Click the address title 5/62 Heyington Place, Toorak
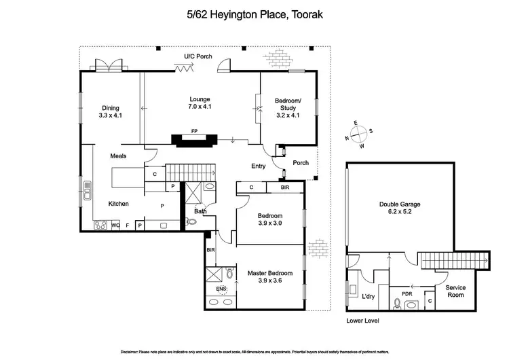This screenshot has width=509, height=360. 254,13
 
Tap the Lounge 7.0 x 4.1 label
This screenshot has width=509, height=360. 200,103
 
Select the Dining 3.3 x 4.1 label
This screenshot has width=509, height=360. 111,111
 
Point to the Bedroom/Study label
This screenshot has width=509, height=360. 288,108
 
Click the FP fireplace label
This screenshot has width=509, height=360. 194,131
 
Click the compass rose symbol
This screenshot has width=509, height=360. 360,134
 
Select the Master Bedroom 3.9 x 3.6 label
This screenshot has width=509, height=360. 265,276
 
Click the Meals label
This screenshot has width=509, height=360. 119,156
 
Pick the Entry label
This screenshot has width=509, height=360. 259,165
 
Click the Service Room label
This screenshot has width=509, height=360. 459,291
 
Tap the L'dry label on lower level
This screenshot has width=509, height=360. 369,296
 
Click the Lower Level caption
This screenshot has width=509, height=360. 362,320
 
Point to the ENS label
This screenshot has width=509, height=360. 221,289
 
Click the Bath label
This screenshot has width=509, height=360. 200,211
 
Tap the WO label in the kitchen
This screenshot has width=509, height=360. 116,225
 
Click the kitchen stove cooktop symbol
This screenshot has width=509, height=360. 101,226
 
